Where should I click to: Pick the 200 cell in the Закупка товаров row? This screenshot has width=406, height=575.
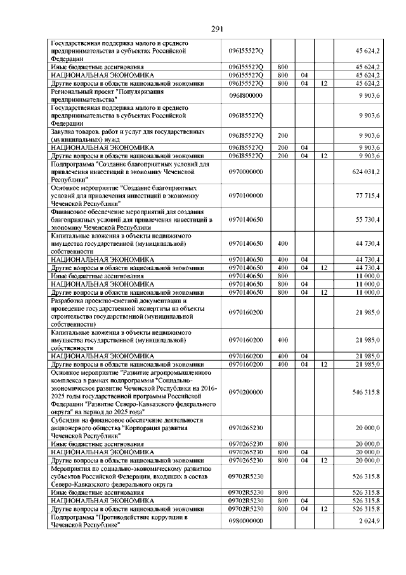(x=282, y=135)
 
